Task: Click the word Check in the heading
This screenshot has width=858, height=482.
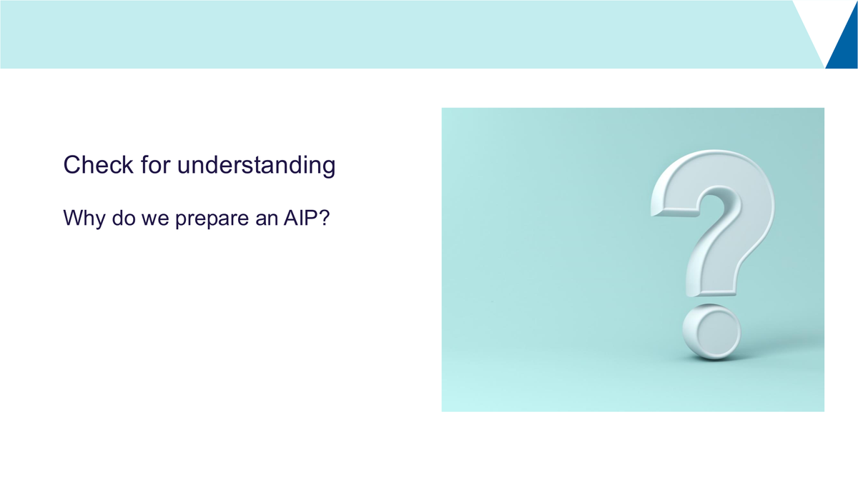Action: [99, 165]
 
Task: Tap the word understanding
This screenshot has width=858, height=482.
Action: [256, 166]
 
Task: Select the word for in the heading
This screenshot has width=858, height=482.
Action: [155, 164]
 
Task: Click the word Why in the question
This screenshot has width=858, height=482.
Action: [84, 219]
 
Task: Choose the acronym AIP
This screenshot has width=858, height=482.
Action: [300, 218]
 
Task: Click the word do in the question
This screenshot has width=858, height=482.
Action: [123, 218]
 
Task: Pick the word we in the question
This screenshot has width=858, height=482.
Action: [155, 220]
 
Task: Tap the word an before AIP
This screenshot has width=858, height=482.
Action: [266, 220]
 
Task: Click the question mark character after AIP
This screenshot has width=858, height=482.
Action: [324, 218]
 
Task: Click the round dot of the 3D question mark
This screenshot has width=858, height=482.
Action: [711, 332]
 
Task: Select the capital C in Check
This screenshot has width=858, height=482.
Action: [71, 165]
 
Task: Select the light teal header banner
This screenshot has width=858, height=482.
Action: [402, 34]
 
